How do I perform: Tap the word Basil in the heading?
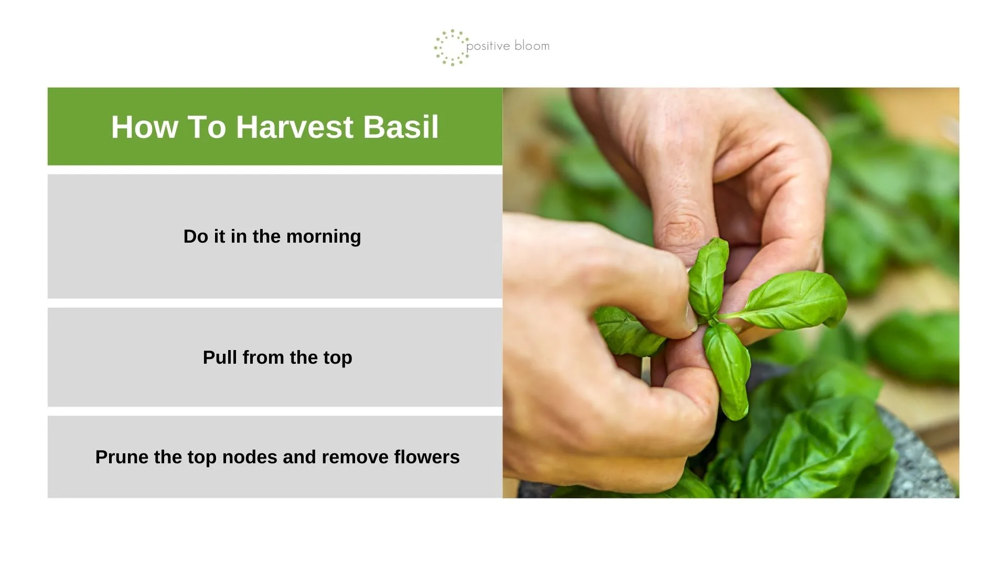click(401, 127)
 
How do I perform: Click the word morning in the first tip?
click(324, 237)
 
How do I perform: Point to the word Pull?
click(220, 357)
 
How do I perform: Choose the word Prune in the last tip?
click(122, 457)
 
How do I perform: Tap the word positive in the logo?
click(488, 46)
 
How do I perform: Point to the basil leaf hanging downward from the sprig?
click(728, 369)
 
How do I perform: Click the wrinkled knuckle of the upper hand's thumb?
click(682, 231)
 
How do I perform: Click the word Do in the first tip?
click(196, 237)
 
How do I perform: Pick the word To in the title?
click(207, 127)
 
